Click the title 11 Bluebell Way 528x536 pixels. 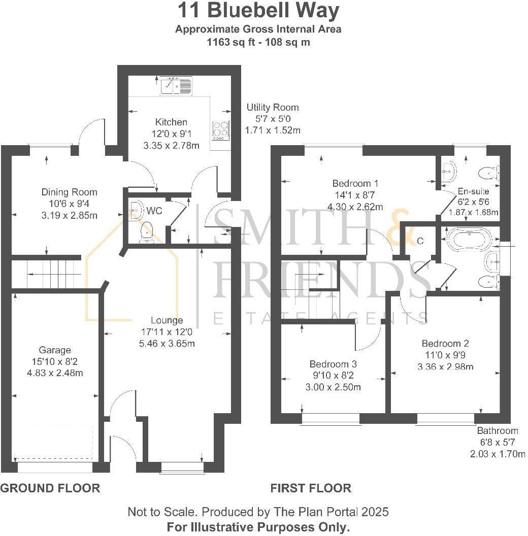pos(258,11)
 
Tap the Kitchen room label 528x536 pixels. pos(171,122)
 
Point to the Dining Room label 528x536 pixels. pos(69,192)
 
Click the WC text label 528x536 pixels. pos(154,211)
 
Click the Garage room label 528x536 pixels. pos(55,350)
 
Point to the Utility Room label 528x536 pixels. pos(273,108)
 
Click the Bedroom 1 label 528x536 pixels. pos(355,183)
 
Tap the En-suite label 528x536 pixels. pos(473,191)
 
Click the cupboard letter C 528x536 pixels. pos(420,241)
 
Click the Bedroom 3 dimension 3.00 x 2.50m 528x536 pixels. pos(333,386)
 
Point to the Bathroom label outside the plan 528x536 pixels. pos(498,431)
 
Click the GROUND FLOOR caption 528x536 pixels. pos(50,488)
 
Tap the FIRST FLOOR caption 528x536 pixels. pos(311,488)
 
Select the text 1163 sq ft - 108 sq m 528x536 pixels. pos(258,42)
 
